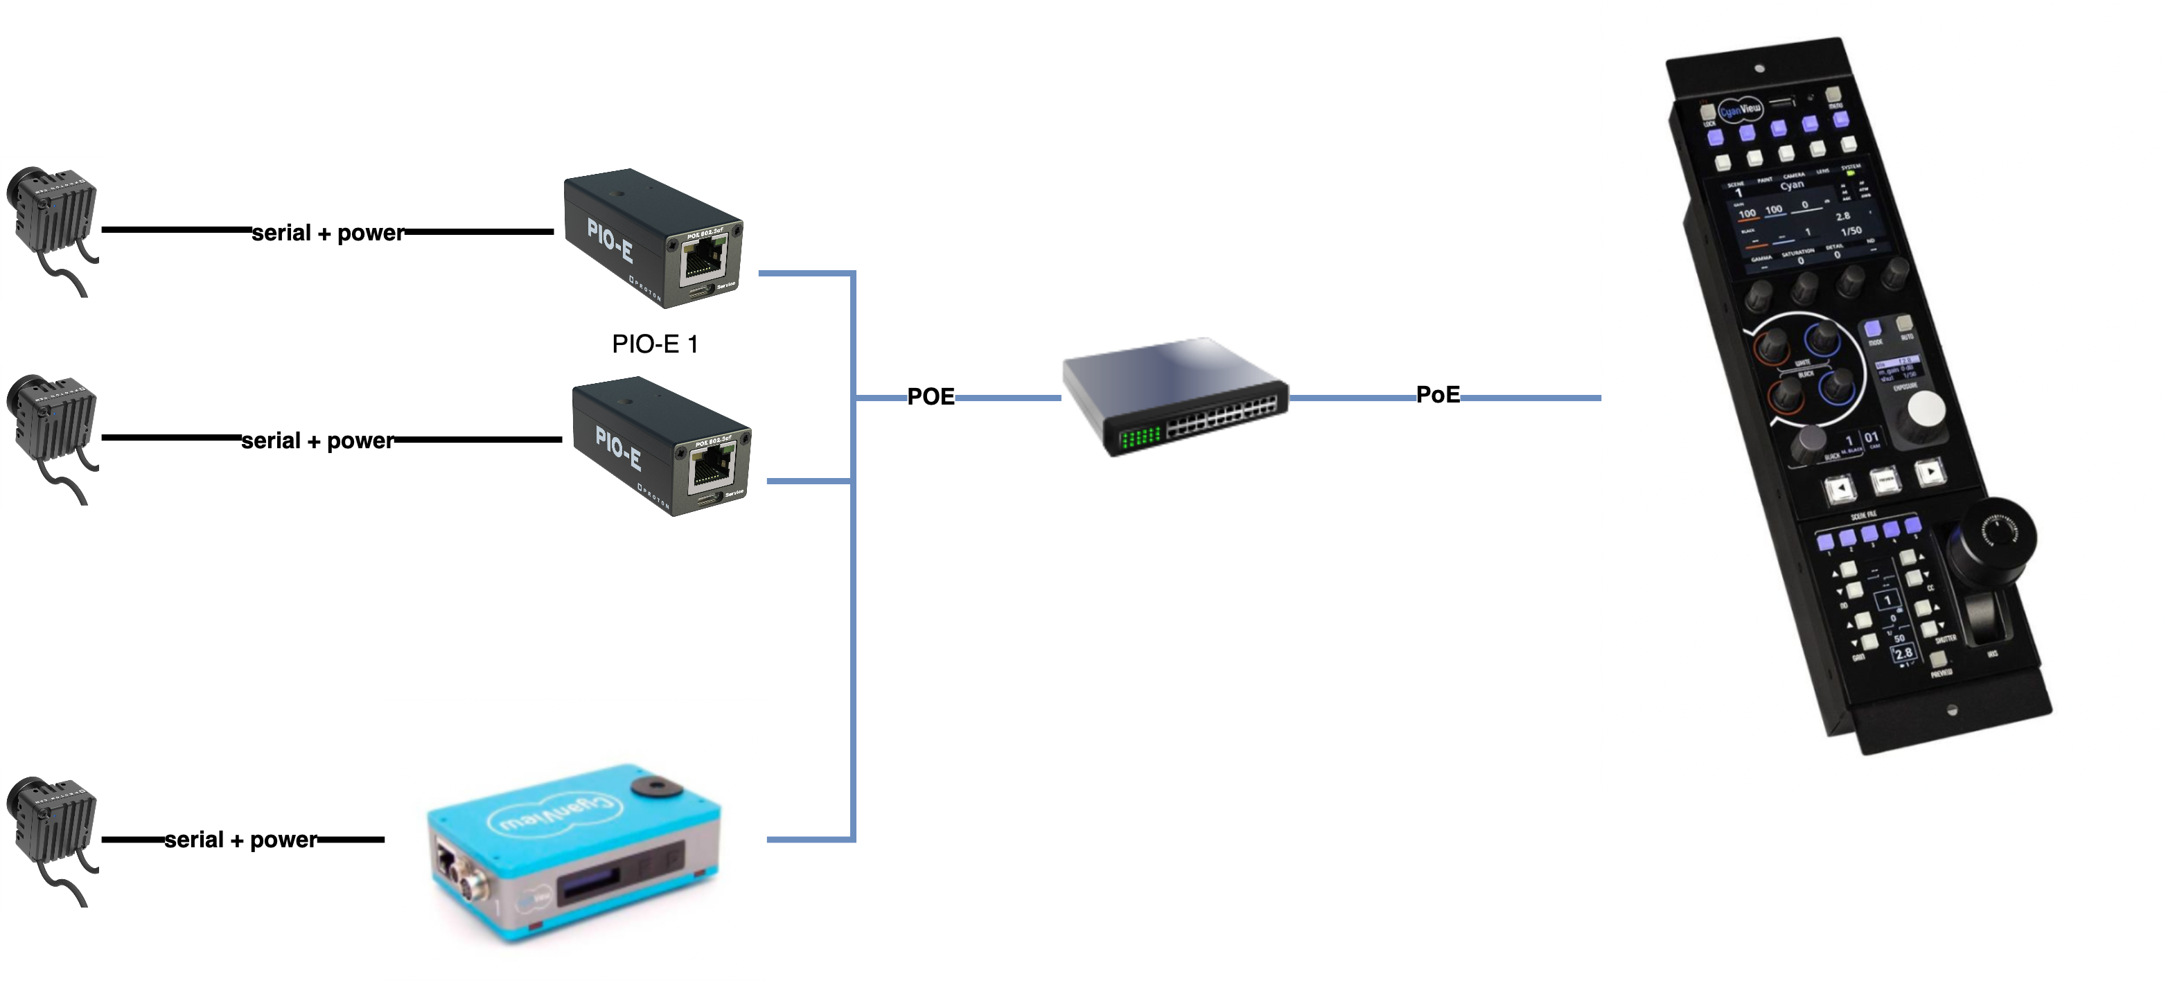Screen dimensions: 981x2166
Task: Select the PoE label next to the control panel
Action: (1438, 394)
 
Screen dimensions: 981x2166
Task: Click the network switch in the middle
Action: (1174, 397)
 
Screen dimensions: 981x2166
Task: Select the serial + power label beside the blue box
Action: (240, 840)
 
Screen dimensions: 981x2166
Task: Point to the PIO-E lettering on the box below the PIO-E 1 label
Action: (618, 448)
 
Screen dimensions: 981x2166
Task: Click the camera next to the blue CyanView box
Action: (51, 838)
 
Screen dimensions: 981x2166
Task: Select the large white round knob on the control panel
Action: (1926, 409)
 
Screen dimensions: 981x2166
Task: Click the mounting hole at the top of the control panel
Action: (1759, 68)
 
